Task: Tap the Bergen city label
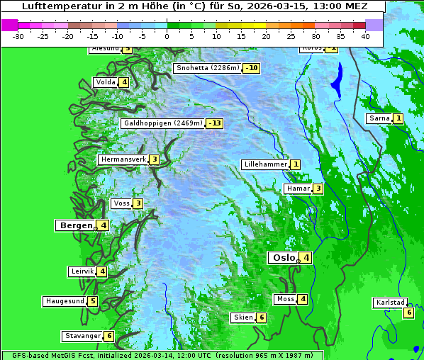point(76,225)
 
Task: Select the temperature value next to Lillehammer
point(295,164)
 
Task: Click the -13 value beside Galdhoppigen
point(215,123)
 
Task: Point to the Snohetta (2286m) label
point(207,68)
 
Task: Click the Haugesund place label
point(65,301)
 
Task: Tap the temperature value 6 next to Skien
point(261,317)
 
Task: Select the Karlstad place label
point(391,303)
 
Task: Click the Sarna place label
point(379,118)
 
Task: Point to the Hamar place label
point(297,189)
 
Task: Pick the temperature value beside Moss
point(303,299)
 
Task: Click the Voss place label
point(121,203)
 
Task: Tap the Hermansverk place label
point(123,159)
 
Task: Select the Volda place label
point(106,82)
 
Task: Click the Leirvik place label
point(83,271)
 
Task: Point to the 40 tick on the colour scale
point(365,35)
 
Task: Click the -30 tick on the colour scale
point(18,35)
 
